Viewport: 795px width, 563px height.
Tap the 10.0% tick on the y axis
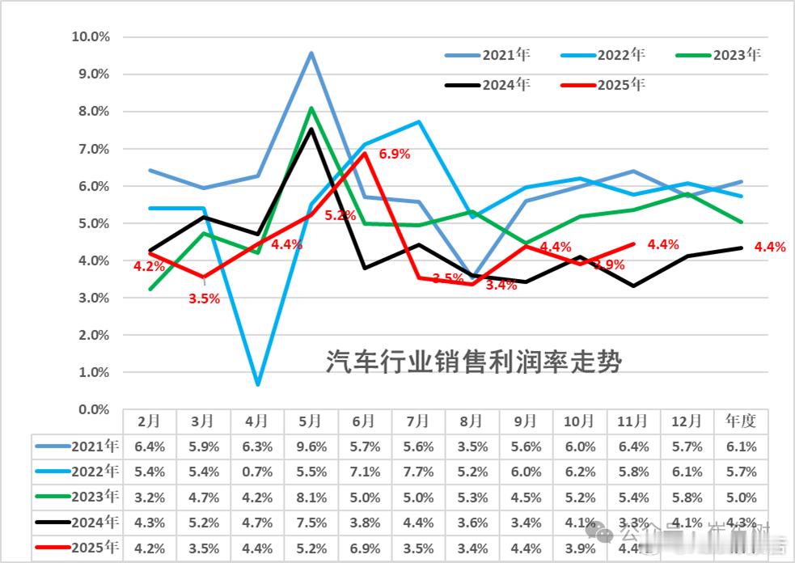pyautogui.click(x=91, y=36)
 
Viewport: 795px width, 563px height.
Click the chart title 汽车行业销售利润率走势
pyautogui.click(x=473, y=361)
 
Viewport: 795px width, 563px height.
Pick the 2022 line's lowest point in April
pyautogui.click(x=257, y=384)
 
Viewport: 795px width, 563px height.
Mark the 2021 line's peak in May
pyautogui.click(x=311, y=53)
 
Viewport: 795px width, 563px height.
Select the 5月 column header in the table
pyautogui.click(x=311, y=421)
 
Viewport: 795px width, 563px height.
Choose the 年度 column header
pyautogui.click(x=741, y=421)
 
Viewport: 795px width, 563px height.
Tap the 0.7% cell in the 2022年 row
pyautogui.click(x=257, y=472)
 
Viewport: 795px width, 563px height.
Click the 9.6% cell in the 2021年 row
pyautogui.click(x=311, y=446)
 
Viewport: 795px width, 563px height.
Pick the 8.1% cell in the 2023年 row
pyautogui.click(x=311, y=497)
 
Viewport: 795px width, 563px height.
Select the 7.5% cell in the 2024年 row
pyautogui.click(x=311, y=523)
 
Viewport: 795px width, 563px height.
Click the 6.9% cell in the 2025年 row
pyautogui.click(x=365, y=549)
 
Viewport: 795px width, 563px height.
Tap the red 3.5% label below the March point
pyautogui.click(x=204, y=298)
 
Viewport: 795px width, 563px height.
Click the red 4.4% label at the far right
pyautogui.click(x=769, y=248)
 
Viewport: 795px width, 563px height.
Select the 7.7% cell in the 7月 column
pyautogui.click(x=418, y=472)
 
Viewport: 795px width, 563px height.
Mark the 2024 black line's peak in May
pyautogui.click(x=311, y=129)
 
